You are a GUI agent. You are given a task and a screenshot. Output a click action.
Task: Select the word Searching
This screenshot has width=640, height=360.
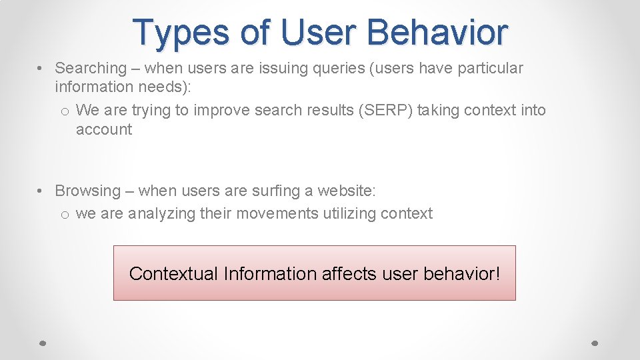point(91,68)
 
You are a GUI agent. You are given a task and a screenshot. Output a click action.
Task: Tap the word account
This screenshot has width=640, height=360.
point(104,129)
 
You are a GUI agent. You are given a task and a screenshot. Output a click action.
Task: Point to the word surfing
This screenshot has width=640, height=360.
point(276,191)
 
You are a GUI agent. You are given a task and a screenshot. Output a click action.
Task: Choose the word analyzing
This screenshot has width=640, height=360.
point(161,213)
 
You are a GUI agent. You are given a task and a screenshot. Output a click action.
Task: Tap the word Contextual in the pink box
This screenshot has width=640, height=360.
point(173,273)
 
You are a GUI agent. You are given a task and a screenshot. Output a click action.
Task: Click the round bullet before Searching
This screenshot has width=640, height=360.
point(41,69)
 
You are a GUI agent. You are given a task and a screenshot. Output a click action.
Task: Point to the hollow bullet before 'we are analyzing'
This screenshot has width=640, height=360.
point(64,214)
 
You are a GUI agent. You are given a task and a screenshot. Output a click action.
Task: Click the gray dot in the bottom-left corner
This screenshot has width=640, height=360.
point(41,343)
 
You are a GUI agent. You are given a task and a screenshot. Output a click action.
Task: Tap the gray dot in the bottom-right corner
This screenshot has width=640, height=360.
point(595,343)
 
